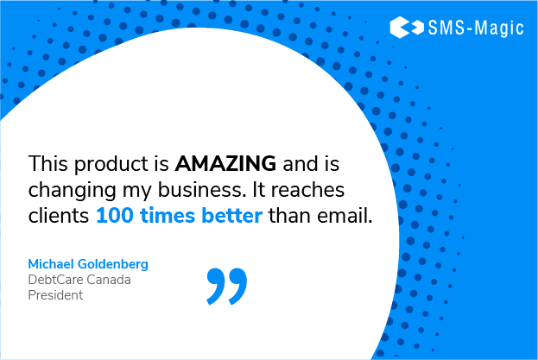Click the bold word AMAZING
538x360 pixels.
[x=225, y=162]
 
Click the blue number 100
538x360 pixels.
[x=113, y=216]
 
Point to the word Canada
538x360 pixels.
[x=111, y=279]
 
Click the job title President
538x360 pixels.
[x=55, y=294]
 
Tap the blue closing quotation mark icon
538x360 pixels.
[x=226, y=286]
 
